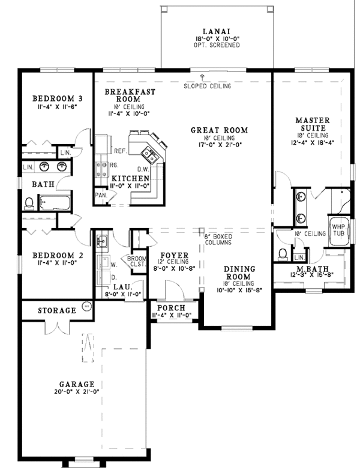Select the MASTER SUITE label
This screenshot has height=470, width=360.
point(311,124)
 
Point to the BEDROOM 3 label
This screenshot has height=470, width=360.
point(58,98)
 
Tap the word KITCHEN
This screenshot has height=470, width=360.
point(130,179)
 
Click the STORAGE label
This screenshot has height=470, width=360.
point(57,310)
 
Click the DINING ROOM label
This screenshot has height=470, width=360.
point(240,273)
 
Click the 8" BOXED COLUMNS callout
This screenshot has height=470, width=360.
point(218,240)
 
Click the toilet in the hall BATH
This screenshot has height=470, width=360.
point(29,203)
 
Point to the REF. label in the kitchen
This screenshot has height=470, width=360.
point(119,151)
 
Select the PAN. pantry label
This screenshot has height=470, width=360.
point(101,195)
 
